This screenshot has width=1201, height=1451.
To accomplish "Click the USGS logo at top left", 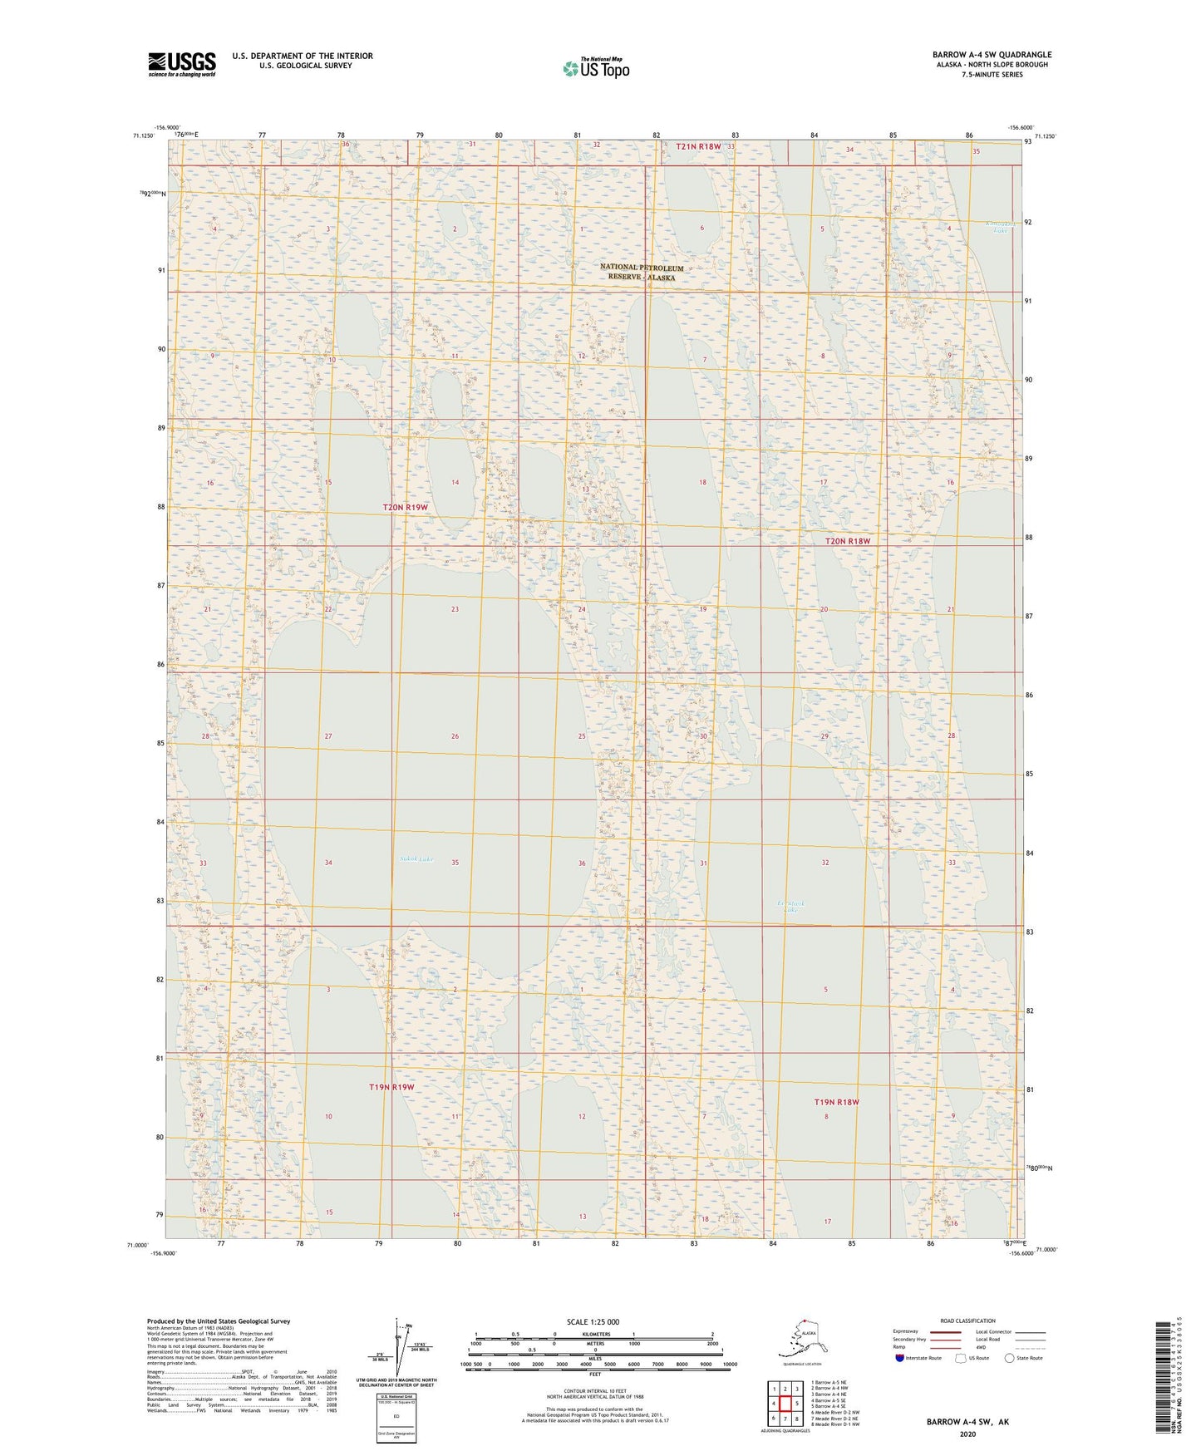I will pos(181,64).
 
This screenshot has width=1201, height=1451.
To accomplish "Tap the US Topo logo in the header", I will pos(595,68).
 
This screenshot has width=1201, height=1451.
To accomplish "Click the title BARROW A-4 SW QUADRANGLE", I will pos(992,55).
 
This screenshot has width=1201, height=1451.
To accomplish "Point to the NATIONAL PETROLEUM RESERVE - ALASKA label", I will pos(642,273).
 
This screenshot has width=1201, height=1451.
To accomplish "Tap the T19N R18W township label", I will pos(836,1102).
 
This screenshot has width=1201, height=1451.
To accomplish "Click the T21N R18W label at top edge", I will pos(698,146).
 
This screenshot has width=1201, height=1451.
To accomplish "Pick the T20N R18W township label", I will pos(848,541).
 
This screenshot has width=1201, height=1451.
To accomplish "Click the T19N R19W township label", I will pos(391,1087).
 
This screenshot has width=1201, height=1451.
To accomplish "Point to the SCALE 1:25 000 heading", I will pos(593,1321).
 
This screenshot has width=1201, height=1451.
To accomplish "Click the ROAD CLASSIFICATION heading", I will pos(967,1321).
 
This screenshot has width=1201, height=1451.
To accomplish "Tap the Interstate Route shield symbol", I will pos(899,1358).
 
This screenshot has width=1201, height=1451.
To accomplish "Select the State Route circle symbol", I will pos(1010,1358).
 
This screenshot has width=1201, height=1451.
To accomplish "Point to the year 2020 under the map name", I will pos(967,1434).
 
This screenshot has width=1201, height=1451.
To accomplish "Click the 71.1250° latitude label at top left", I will pos(141,135).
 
